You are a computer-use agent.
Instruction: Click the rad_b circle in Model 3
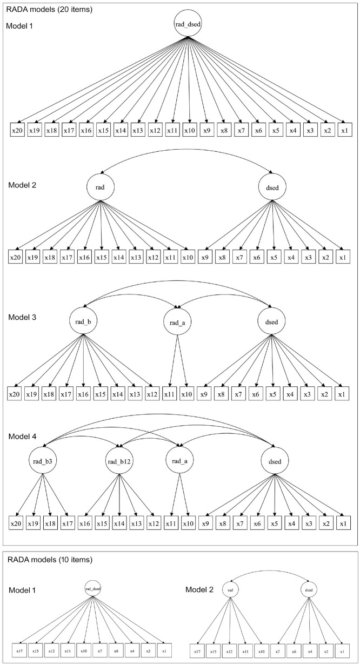pos(82,322)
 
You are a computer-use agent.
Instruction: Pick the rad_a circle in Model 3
pos(177,323)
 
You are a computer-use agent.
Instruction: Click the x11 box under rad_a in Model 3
pos(170,394)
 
